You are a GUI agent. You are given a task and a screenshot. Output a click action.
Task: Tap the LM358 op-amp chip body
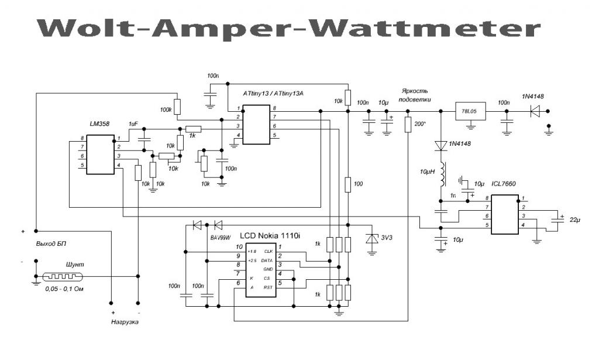[100, 155]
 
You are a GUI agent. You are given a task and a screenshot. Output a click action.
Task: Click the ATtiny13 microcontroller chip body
[257, 124]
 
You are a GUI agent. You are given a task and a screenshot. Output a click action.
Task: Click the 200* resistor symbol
[408, 125]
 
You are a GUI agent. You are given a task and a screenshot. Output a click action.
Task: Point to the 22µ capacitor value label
[576, 220]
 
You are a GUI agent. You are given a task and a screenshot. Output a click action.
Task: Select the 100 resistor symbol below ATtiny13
[347, 185]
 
